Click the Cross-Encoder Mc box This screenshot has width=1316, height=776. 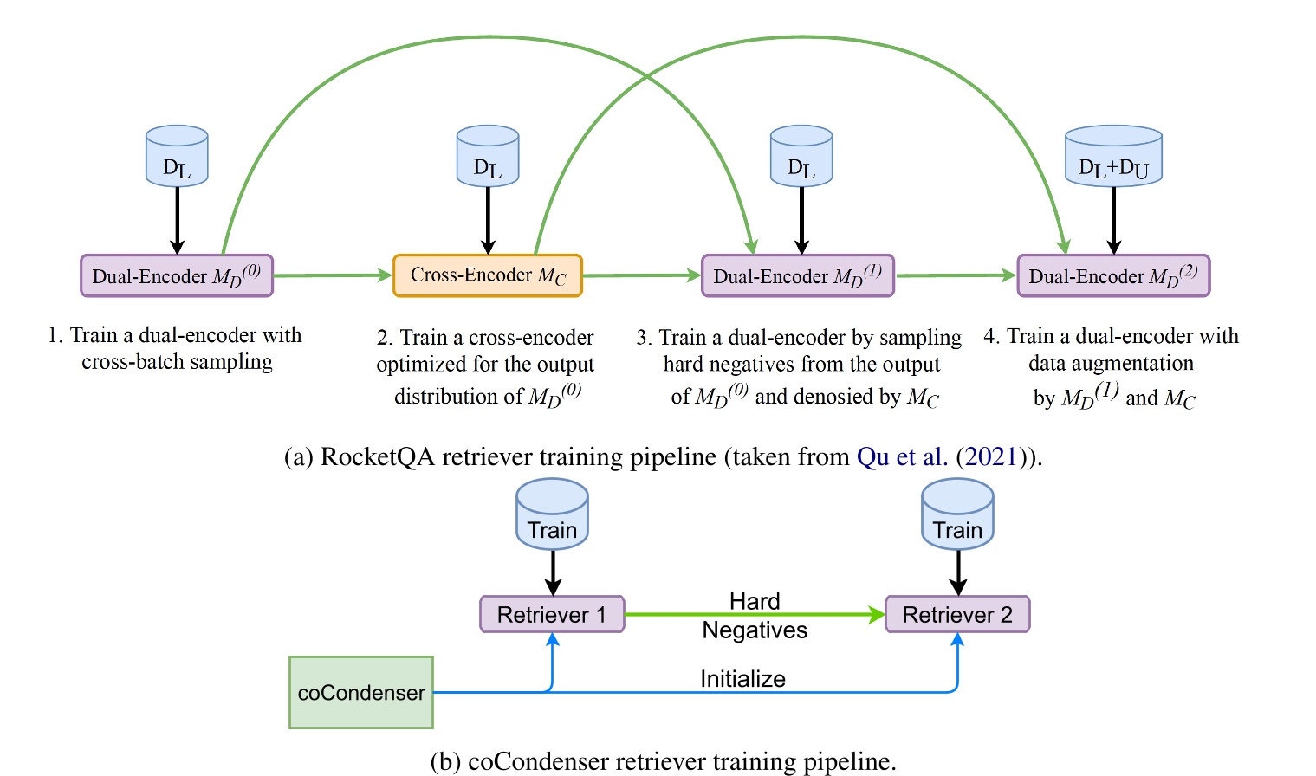tap(488, 275)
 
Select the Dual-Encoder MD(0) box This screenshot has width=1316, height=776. tap(177, 275)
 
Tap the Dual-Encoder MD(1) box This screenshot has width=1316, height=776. tap(797, 275)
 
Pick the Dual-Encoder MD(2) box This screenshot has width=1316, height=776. tap(1113, 275)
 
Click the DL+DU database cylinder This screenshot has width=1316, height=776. tap(1113, 157)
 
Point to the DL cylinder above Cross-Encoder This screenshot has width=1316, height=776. tap(488, 157)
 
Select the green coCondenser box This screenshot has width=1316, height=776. tap(361, 692)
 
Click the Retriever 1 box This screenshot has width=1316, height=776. tap(552, 614)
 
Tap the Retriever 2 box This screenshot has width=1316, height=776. tap(957, 614)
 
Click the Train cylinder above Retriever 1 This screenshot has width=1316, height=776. tap(552, 515)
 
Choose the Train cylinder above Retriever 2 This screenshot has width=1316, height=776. tap(957, 515)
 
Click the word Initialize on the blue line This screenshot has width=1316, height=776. tap(742, 679)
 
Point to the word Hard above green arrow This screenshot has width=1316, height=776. tap(755, 601)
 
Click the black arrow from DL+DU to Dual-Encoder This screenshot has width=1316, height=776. tap(1113, 221)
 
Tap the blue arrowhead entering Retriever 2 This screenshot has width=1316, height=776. tap(957, 640)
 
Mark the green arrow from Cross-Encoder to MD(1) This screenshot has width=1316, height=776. tap(641, 275)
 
